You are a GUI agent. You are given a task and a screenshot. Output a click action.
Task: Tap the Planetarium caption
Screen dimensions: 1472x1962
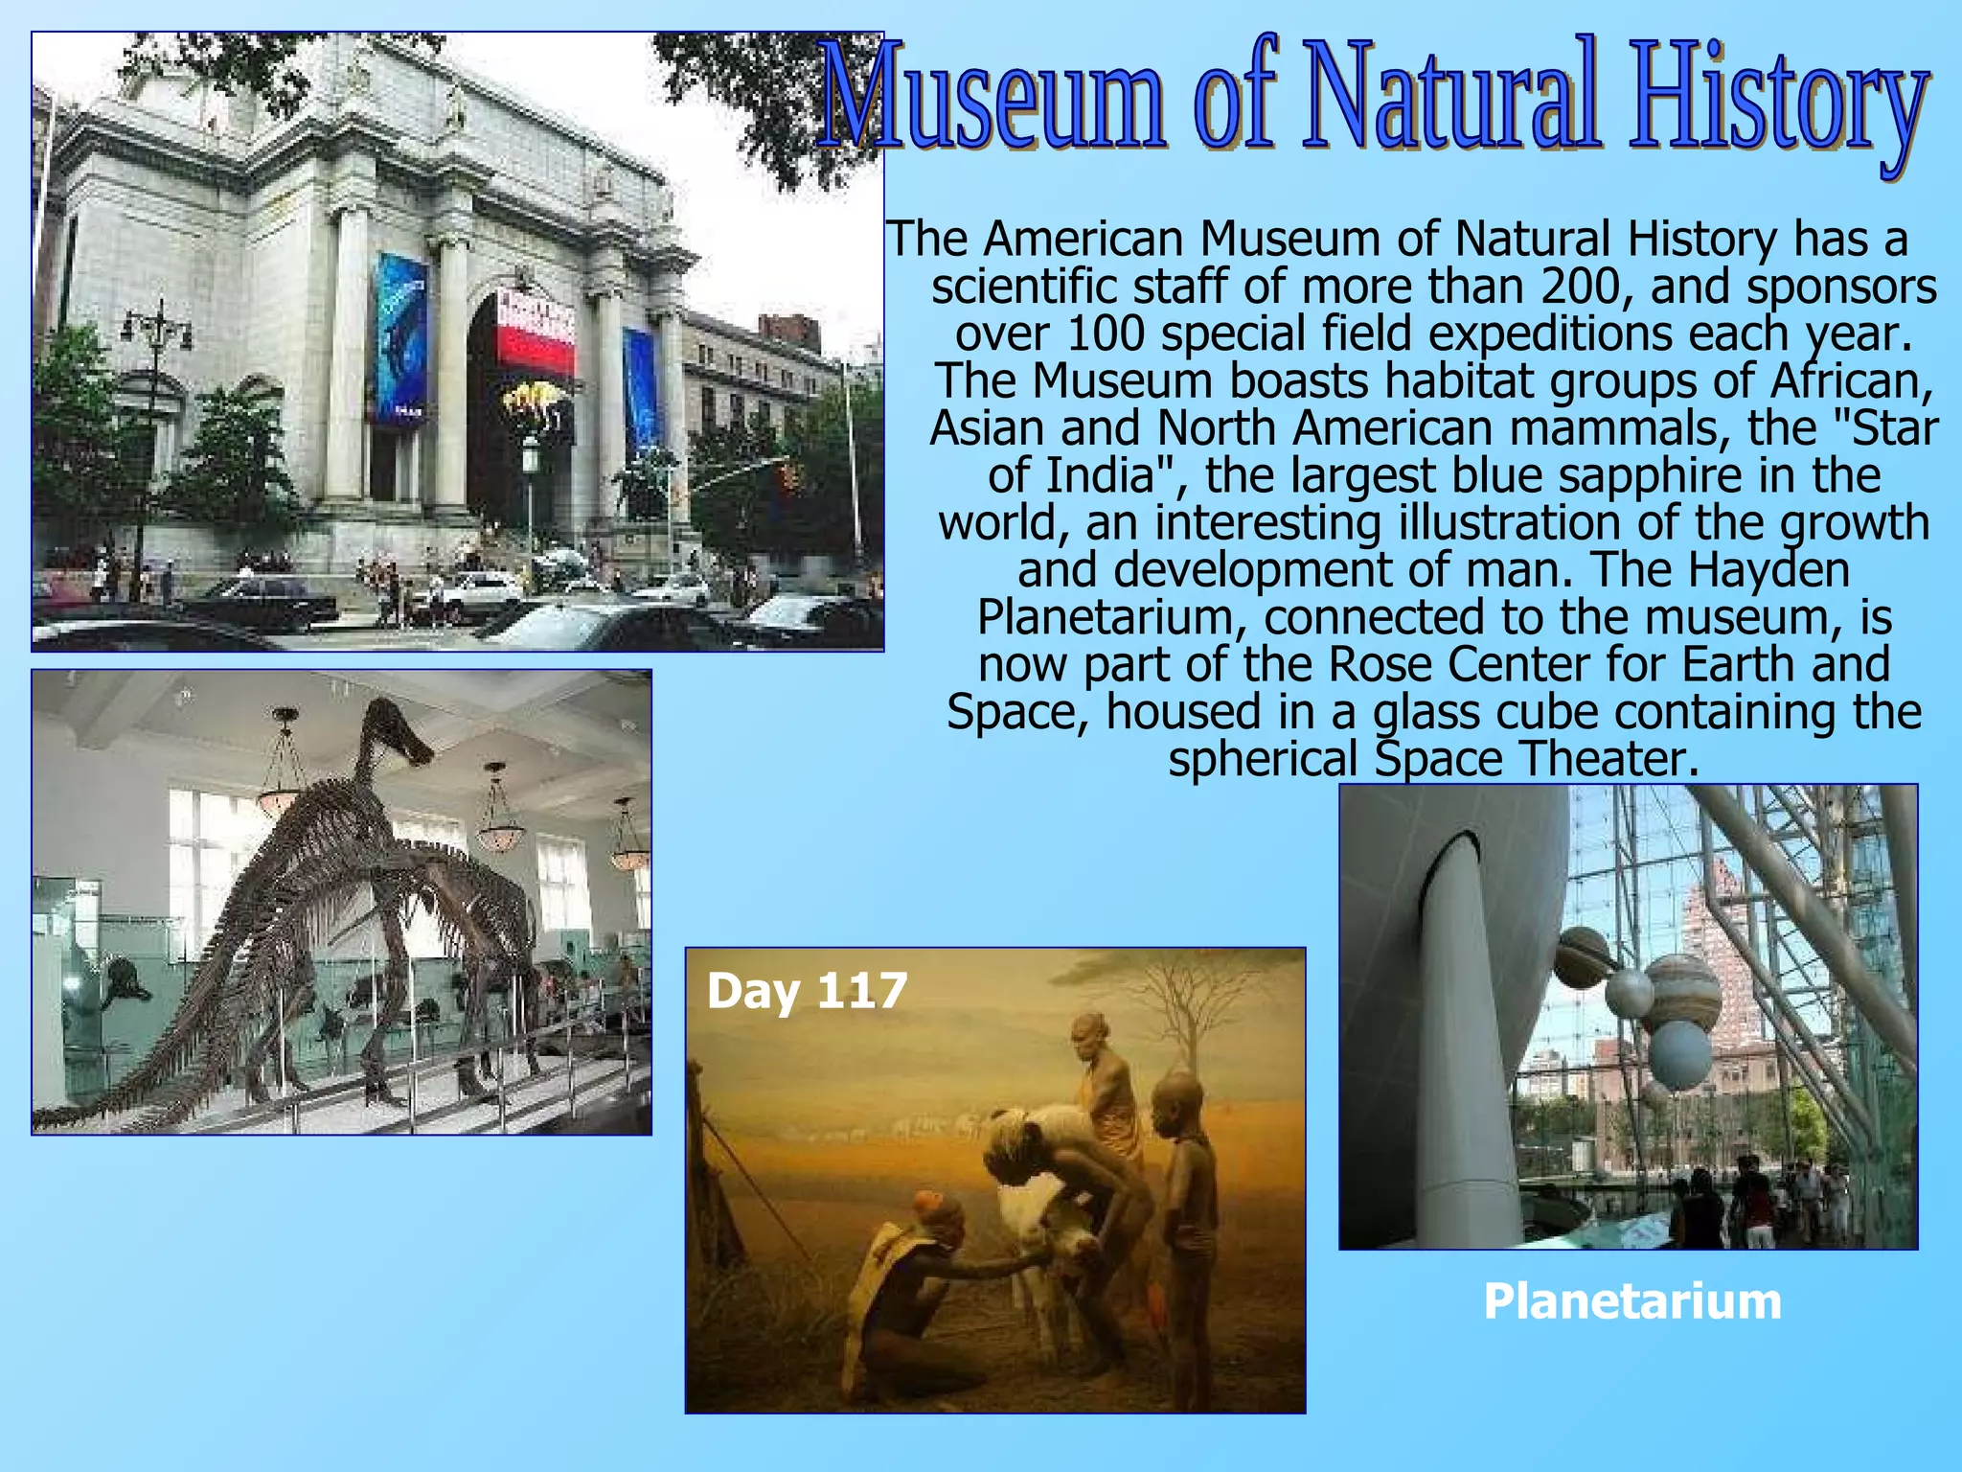(1631, 1301)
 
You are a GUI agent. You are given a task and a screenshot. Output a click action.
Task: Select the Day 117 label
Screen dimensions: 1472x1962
(806, 990)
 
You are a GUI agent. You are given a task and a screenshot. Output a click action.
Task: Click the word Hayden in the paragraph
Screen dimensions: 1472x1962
(1768, 569)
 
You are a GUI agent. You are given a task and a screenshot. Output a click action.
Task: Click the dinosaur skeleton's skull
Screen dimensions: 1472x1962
(402, 736)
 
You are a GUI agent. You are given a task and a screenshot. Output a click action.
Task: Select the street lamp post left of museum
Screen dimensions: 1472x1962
(153, 431)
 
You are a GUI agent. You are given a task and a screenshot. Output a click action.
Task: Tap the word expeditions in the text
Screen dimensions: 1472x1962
(1538, 333)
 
